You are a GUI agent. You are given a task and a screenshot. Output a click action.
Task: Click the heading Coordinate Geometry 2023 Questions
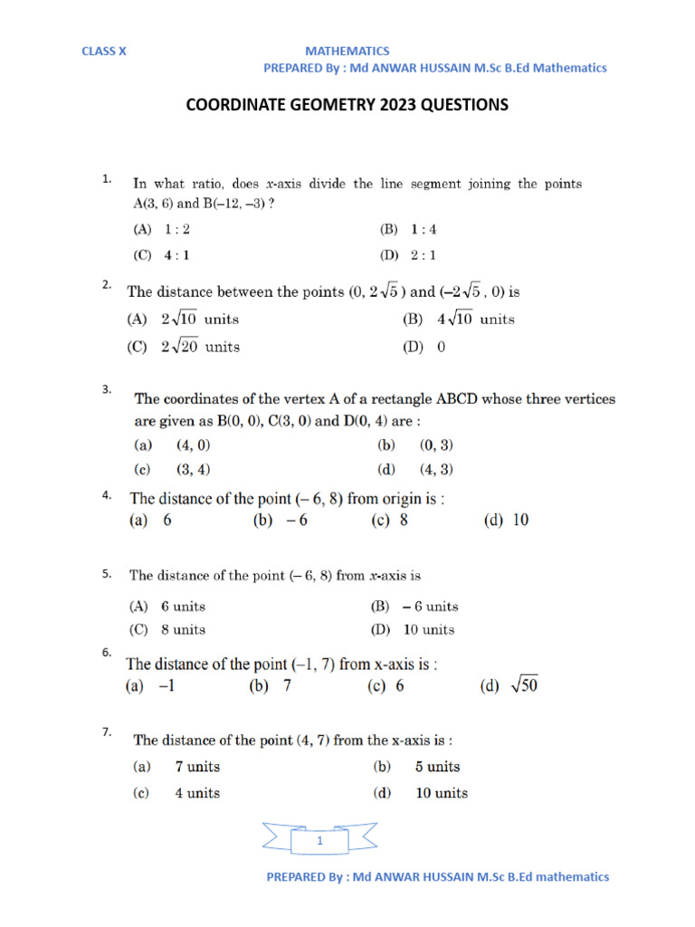coord(347,105)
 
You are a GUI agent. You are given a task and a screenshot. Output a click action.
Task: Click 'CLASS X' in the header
coord(104,52)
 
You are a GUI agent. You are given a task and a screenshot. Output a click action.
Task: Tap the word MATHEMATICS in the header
coord(347,52)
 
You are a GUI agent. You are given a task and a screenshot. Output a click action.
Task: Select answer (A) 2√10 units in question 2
coord(182,320)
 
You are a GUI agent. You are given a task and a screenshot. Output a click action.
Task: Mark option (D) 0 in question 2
coord(424,347)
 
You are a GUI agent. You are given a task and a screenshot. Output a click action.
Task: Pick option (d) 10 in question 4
coord(507,521)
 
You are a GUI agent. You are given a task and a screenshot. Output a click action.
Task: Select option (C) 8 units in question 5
coord(167,630)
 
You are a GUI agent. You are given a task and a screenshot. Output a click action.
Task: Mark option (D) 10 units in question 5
coord(413,630)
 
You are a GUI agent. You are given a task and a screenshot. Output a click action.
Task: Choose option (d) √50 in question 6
coord(509,686)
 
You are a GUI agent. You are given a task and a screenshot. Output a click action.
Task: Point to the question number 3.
coord(107,390)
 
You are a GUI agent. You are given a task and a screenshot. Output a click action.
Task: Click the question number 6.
coord(107,652)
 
